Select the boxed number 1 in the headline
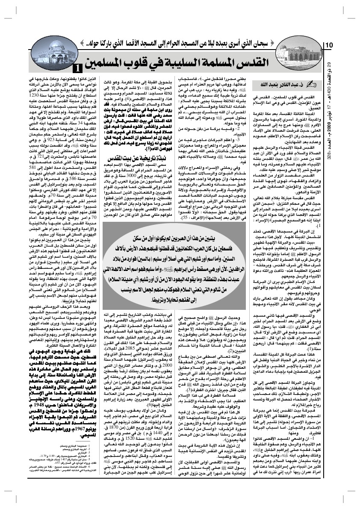pyautogui.click(x=79, y=67)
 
